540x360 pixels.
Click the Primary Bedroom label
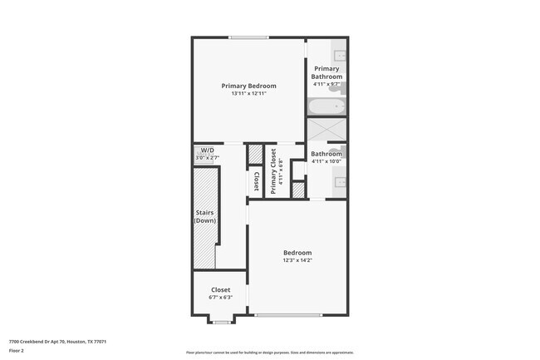248,86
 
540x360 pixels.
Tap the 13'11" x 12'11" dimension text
248,93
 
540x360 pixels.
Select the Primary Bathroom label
326,73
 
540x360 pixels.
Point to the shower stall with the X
326,131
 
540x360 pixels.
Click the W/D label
207,150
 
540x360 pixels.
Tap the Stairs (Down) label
204,216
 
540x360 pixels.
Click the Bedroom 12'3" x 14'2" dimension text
297,260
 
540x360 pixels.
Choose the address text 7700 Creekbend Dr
57,342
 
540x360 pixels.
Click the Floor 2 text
17,351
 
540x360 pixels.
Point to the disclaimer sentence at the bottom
269,353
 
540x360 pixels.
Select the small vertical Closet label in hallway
256,181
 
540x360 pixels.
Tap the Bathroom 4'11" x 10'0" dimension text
326,161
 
